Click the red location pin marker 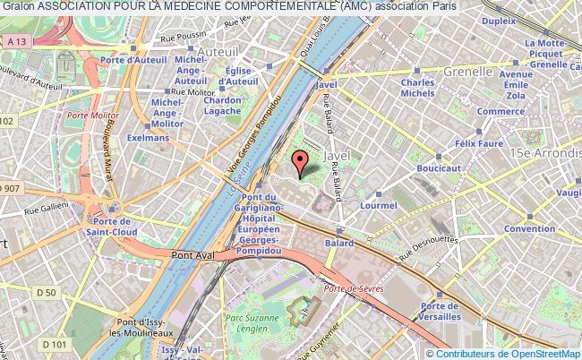click(x=302, y=161)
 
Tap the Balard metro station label click(x=340, y=243)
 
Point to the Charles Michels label click(x=418, y=87)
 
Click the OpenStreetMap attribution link click(x=541, y=352)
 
